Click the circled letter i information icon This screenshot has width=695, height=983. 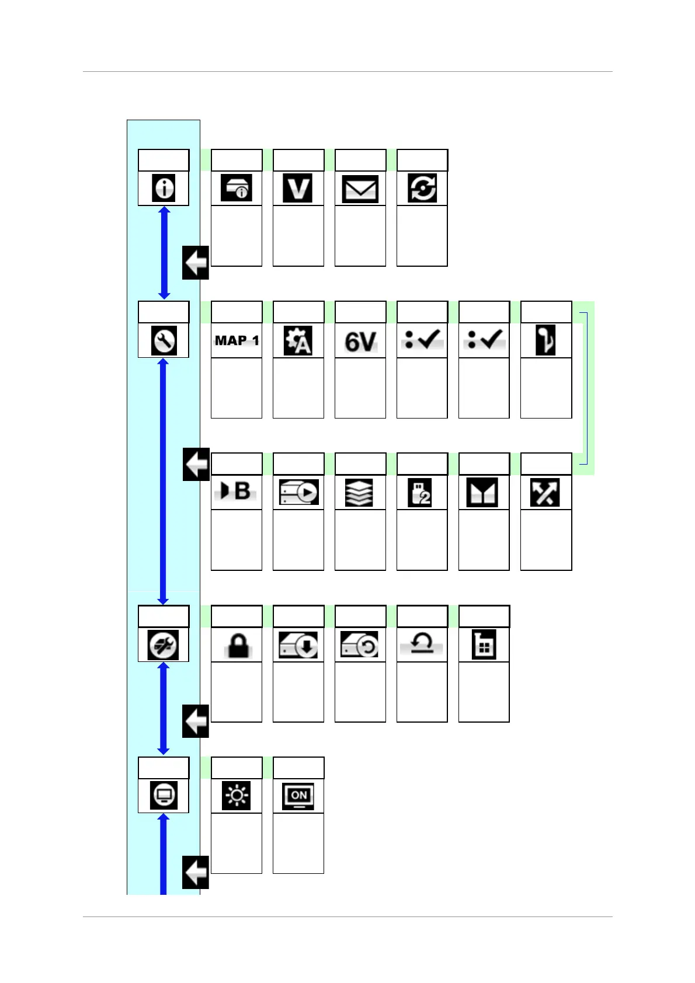click(x=164, y=189)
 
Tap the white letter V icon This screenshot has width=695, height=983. click(x=298, y=189)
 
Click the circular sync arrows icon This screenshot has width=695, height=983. click(x=422, y=189)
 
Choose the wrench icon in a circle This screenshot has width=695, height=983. click(x=164, y=340)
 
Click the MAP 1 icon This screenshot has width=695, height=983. click(x=237, y=340)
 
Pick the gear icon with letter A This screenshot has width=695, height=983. click(x=298, y=340)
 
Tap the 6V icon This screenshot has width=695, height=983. click(x=360, y=341)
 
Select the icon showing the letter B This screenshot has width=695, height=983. click(x=236, y=492)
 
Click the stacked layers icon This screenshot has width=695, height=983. click(x=360, y=492)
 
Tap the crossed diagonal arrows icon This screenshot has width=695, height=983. click(x=545, y=492)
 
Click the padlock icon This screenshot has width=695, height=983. click(x=237, y=645)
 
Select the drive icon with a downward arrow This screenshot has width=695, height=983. click(x=298, y=645)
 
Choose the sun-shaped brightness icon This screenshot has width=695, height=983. click(x=237, y=796)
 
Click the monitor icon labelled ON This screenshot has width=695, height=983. click(x=298, y=796)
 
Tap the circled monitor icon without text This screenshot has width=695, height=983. click(x=164, y=796)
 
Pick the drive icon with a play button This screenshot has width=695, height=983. click(x=298, y=492)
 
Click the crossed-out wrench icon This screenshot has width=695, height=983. click(x=164, y=645)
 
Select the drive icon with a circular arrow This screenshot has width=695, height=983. click(x=360, y=645)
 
